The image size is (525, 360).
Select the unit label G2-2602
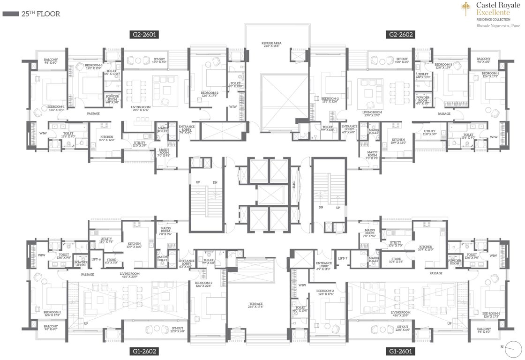click(400, 34)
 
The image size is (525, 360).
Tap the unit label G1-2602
click(144, 351)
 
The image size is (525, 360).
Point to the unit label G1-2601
click(400, 351)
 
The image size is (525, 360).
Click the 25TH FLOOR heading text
click(40, 14)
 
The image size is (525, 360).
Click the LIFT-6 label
click(96, 259)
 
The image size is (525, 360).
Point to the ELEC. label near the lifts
click(293, 185)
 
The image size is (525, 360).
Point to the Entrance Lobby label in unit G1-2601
click(324, 265)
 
